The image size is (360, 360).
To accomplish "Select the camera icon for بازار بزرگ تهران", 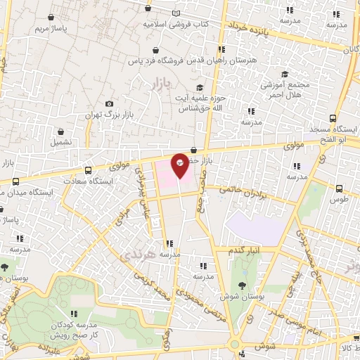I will [x=108, y=104].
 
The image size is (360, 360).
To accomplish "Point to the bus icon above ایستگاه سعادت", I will [x=88, y=170].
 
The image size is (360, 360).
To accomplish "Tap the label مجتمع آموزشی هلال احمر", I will [x=285, y=89].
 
